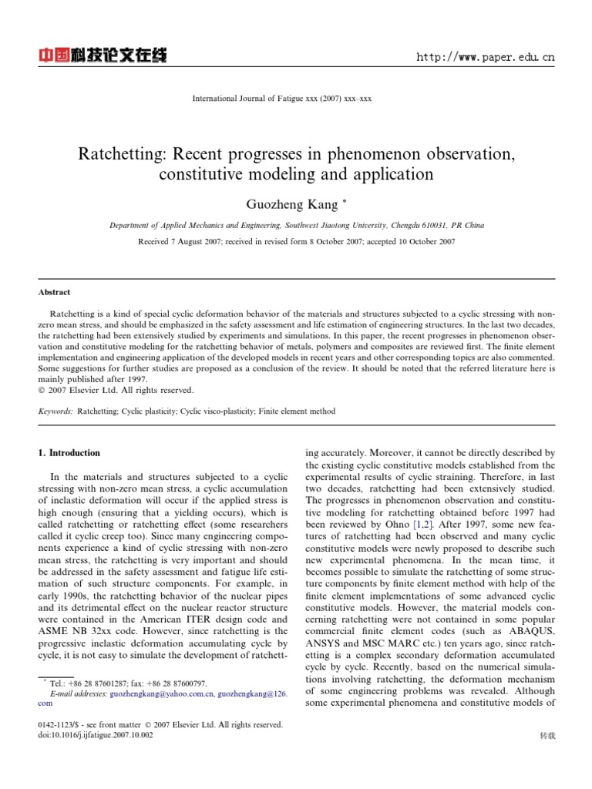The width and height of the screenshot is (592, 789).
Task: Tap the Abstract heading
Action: tap(54, 293)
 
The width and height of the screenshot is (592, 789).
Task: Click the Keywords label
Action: tap(55, 411)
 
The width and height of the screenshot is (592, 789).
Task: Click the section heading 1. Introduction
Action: tap(69, 453)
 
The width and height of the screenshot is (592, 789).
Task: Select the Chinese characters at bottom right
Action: tap(548, 737)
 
